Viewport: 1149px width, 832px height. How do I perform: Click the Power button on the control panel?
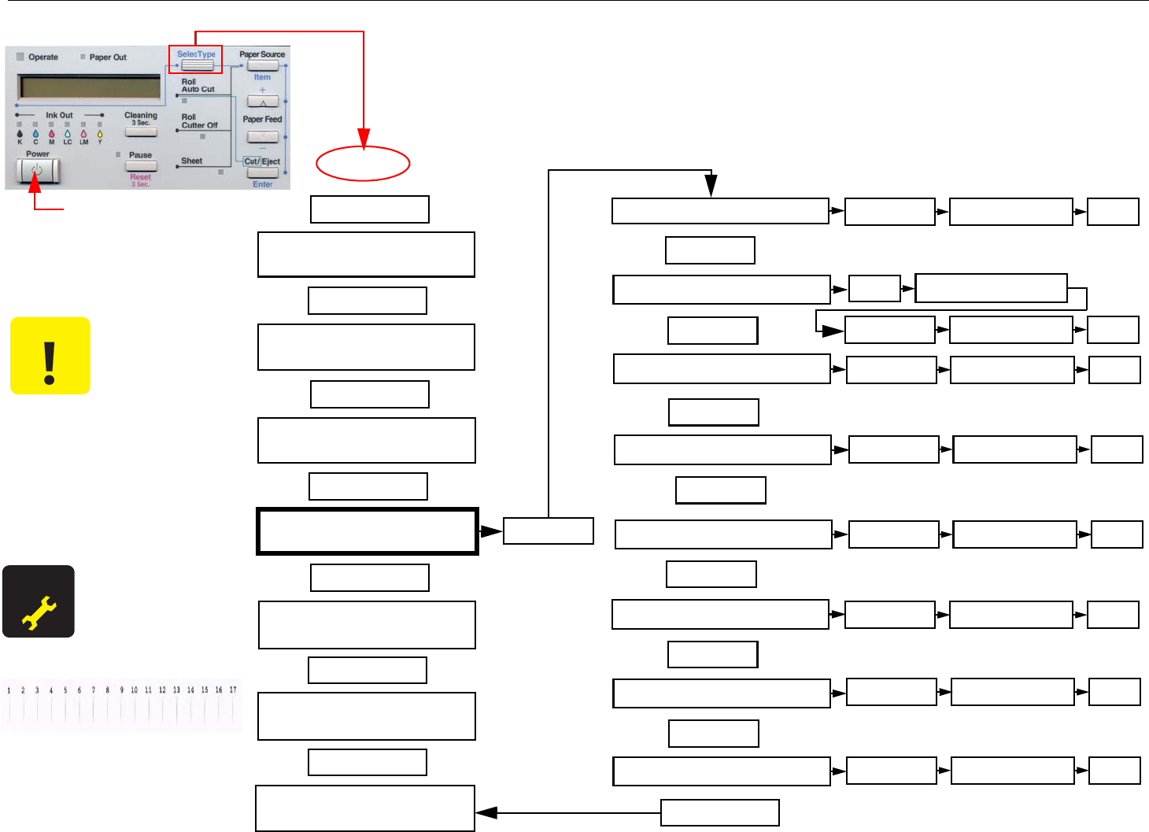(x=38, y=170)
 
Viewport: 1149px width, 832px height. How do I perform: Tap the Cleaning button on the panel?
(x=141, y=131)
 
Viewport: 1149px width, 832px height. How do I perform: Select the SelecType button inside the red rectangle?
(x=197, y=65)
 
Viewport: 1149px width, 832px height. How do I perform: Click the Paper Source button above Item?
(x=262, y=65)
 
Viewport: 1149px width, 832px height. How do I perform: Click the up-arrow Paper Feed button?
(x=262, y=102)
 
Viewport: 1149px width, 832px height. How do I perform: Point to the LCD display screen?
(x=90, y=87)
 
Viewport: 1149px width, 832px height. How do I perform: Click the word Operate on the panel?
(x=43, y=57)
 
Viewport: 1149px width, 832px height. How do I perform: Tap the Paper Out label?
(x=108, y=57)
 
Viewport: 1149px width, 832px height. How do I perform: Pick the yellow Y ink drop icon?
(x=100, y=135)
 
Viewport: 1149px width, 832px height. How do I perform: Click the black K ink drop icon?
(x=20, y=135)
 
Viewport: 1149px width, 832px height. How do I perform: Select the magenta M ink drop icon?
(x=52, y=135)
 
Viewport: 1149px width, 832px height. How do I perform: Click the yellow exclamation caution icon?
(x=50, y=356)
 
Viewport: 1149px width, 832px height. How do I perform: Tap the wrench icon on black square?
(x=38, y=601)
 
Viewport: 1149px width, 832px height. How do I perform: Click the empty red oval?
(x=363, y=164)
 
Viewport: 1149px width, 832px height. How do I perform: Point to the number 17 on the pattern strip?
(x=233, y=690)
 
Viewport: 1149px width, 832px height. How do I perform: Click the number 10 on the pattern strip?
(x=134, y=690)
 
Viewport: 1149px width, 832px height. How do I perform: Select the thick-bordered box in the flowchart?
(x=368, y=531)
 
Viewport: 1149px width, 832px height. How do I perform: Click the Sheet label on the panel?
(x=192, y=161)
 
